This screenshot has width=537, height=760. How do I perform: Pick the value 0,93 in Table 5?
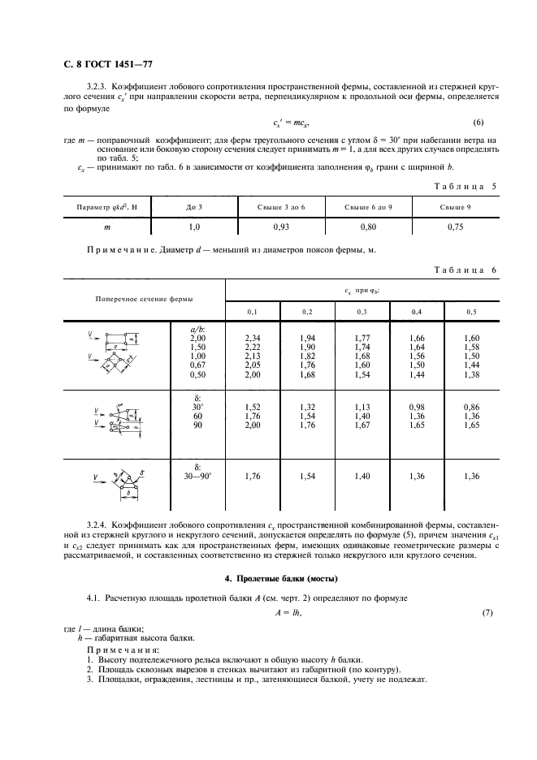(280, 228)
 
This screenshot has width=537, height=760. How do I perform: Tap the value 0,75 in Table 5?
(456, 228)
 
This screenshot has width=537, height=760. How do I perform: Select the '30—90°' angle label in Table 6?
(198, 477)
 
